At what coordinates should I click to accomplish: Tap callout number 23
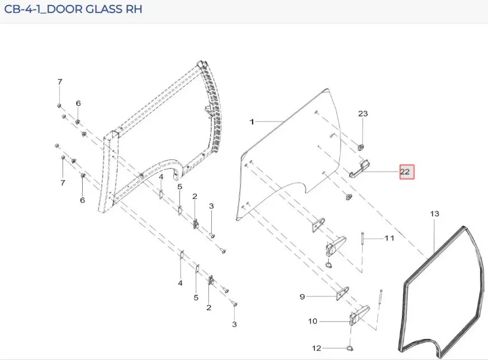coord(363,113)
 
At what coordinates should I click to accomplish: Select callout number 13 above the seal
coord(434,214)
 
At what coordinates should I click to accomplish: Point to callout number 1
coord(252,122)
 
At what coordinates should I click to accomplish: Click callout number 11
coord(390,238)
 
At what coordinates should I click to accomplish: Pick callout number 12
coord(316,348)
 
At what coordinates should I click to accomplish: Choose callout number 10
coord(313,321)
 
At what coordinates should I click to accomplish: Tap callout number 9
coord(302,296)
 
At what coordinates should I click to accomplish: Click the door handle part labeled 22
coord(359,169)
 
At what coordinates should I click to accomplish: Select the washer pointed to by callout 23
coord(361,147)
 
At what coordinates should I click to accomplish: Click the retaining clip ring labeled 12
coord(350,348)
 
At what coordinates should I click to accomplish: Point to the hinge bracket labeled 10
coord(359,315)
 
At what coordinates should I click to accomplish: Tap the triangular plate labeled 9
coord(342,293)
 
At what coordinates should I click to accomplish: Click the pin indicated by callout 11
coord(363,239)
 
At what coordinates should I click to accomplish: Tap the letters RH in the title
coord(134,9)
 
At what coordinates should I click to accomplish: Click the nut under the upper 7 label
coord(59,106)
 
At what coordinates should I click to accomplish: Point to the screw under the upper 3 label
coord(212,235)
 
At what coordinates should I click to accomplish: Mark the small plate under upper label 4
coord(161,195)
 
